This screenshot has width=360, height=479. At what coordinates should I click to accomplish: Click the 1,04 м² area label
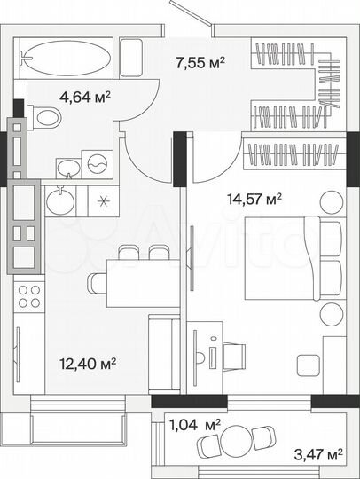pos(194,426)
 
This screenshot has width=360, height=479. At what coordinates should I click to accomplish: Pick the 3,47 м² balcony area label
pos(318,455)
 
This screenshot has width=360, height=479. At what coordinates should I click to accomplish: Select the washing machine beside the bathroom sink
pos(97,163)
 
